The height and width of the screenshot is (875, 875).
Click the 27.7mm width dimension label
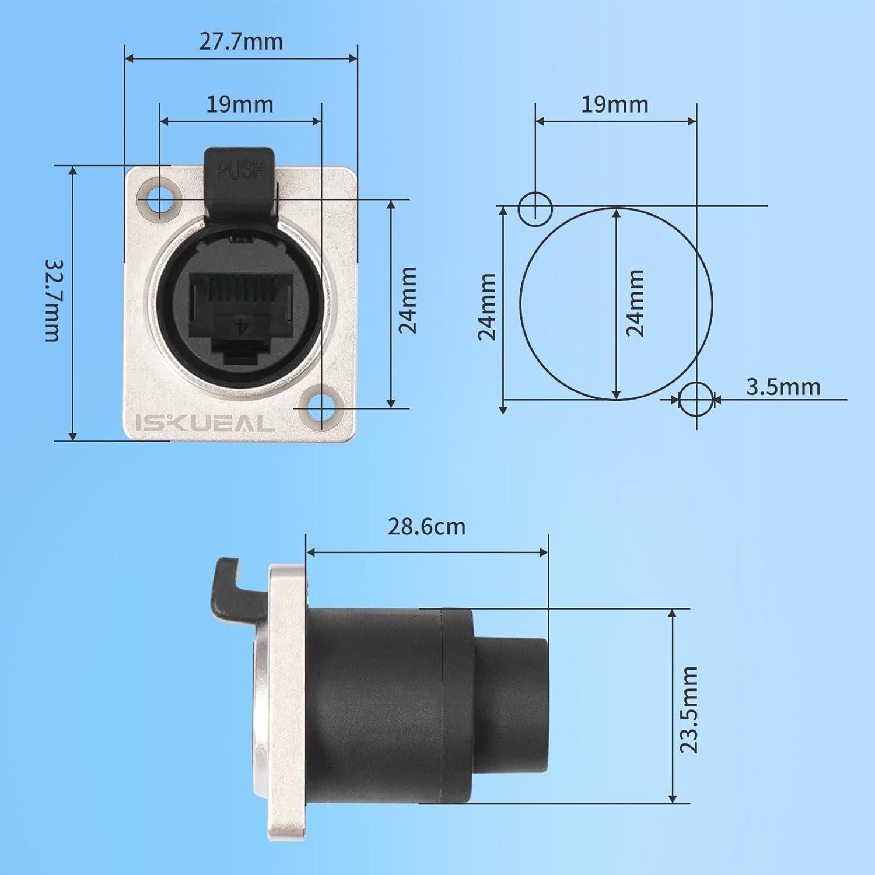coord(241,41)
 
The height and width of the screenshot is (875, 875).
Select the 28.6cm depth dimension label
coord(426,527)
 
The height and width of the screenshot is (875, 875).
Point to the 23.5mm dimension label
coord(689,709)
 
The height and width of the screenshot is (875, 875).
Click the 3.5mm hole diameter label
coord(783,387)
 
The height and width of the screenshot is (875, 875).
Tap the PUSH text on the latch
coord(241,170)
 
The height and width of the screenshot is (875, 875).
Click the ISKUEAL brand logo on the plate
coord(205,423)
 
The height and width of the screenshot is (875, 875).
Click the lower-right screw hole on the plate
coord(320,405)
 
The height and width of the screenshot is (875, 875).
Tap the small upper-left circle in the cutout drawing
coord(535,208)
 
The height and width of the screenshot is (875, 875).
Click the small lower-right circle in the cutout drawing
coord(696,399)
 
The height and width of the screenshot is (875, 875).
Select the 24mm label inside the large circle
coord(635,303)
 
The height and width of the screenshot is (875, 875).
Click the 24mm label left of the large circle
coord(487,306)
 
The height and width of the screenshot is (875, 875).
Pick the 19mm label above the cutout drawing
coord(615,104)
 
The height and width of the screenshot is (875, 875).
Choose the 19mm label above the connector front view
coord(239,104)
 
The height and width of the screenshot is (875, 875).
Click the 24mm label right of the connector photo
coord(408,300)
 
